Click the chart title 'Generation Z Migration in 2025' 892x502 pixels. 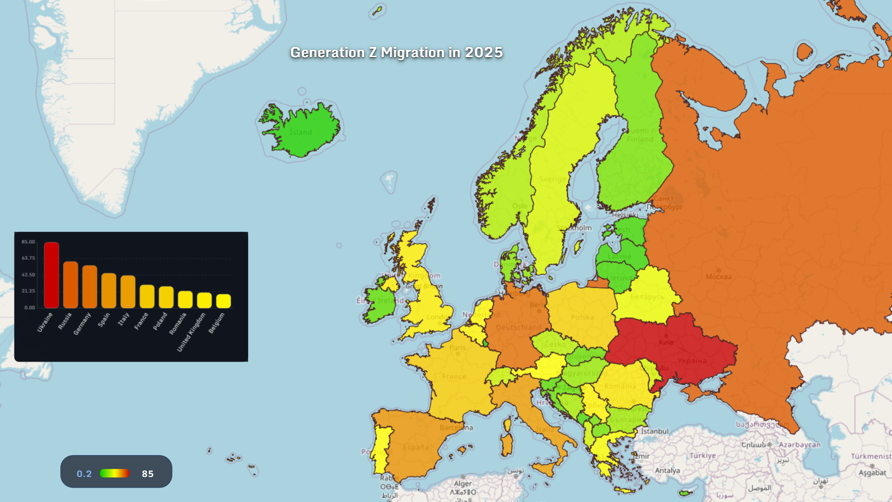click(x=396, y=53)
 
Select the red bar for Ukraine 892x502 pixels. click(x=52, y=275)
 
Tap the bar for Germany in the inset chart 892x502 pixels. click(x=90, y=287)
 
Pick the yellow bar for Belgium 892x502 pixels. click(x=223, y=301)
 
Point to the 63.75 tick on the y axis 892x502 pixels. click(x=28, y=258)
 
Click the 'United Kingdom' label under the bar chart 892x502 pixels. click(x=191, y=332)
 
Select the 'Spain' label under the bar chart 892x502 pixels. click(x=104, y=319)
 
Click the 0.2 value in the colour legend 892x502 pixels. click(x=84, y=474)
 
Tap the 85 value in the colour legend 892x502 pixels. click(x=148, y=474)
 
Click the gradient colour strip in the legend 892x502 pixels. click(x=115, y=473)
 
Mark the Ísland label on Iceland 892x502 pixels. click(x=301, y=132)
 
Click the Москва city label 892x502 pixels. click(x=718, y=277)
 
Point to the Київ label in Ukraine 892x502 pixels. click(x=666, y=342)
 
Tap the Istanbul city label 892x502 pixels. click(x=655, y=431)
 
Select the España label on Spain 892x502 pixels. click(x=416, y=447)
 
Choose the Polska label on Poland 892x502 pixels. click(x=582, y=317)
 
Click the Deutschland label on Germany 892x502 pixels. click(x=518, y=327)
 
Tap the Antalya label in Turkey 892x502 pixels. click(x=667, y=470)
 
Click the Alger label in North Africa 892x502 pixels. click(x=463, y=483)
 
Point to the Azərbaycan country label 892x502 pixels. click(x=800, y=445)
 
